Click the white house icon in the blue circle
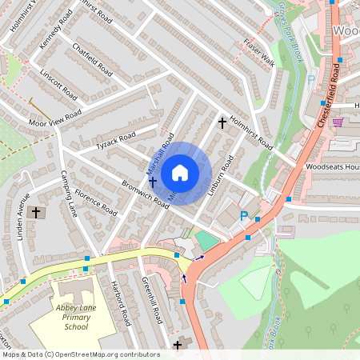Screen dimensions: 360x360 coord(179,173)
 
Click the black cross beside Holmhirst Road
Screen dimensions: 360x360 coord(223,123)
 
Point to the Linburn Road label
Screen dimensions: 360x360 coord(221,175)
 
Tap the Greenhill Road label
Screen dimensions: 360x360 coord(152,299)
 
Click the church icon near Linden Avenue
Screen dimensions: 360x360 coord(35,213)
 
